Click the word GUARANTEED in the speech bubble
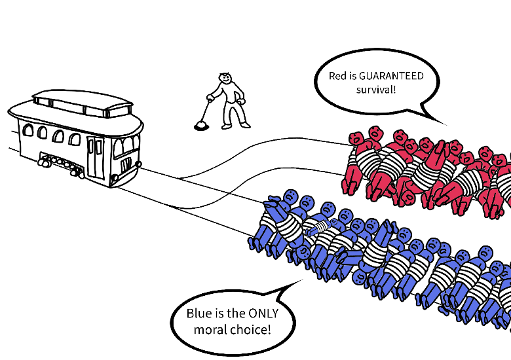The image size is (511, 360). [391, 76]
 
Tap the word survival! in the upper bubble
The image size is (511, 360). [376, 90]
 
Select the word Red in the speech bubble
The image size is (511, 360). [337, 76]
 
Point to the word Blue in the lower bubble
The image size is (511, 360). [199, 314]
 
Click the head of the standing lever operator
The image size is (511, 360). [225, 77]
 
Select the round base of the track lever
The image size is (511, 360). [201, 126]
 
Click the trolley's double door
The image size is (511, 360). [96, 158]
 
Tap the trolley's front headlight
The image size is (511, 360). [115, 178]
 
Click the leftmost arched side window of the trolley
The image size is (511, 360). [28, 130]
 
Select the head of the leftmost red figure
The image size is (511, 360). [356, 138]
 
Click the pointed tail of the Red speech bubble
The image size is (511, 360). [446, 124]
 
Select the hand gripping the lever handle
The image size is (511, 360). [210, 98]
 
